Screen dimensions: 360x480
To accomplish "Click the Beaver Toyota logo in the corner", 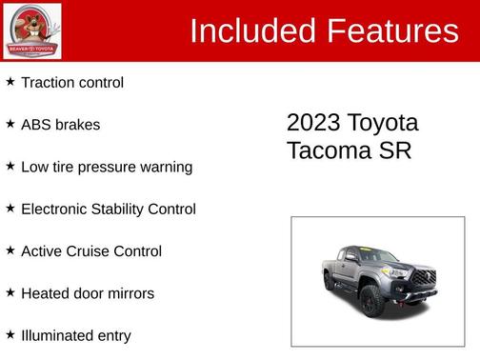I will (32, 30).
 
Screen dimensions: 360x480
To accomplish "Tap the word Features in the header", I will (391, 30).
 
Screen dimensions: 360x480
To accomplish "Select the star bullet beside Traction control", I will (10, 82).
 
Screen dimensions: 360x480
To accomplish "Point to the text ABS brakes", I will (60, 125).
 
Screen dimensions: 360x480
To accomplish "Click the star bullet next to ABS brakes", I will (10, 124).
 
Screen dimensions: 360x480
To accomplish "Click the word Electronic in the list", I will (57, 210).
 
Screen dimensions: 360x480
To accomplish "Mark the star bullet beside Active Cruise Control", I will (10, 250).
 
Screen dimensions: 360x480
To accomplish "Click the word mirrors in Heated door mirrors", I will (130, 293).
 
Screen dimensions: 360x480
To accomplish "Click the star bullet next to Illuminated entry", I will (10, 334).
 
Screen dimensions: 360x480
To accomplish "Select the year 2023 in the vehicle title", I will (313, 124).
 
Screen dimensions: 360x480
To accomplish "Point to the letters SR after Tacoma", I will (395, 151).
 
